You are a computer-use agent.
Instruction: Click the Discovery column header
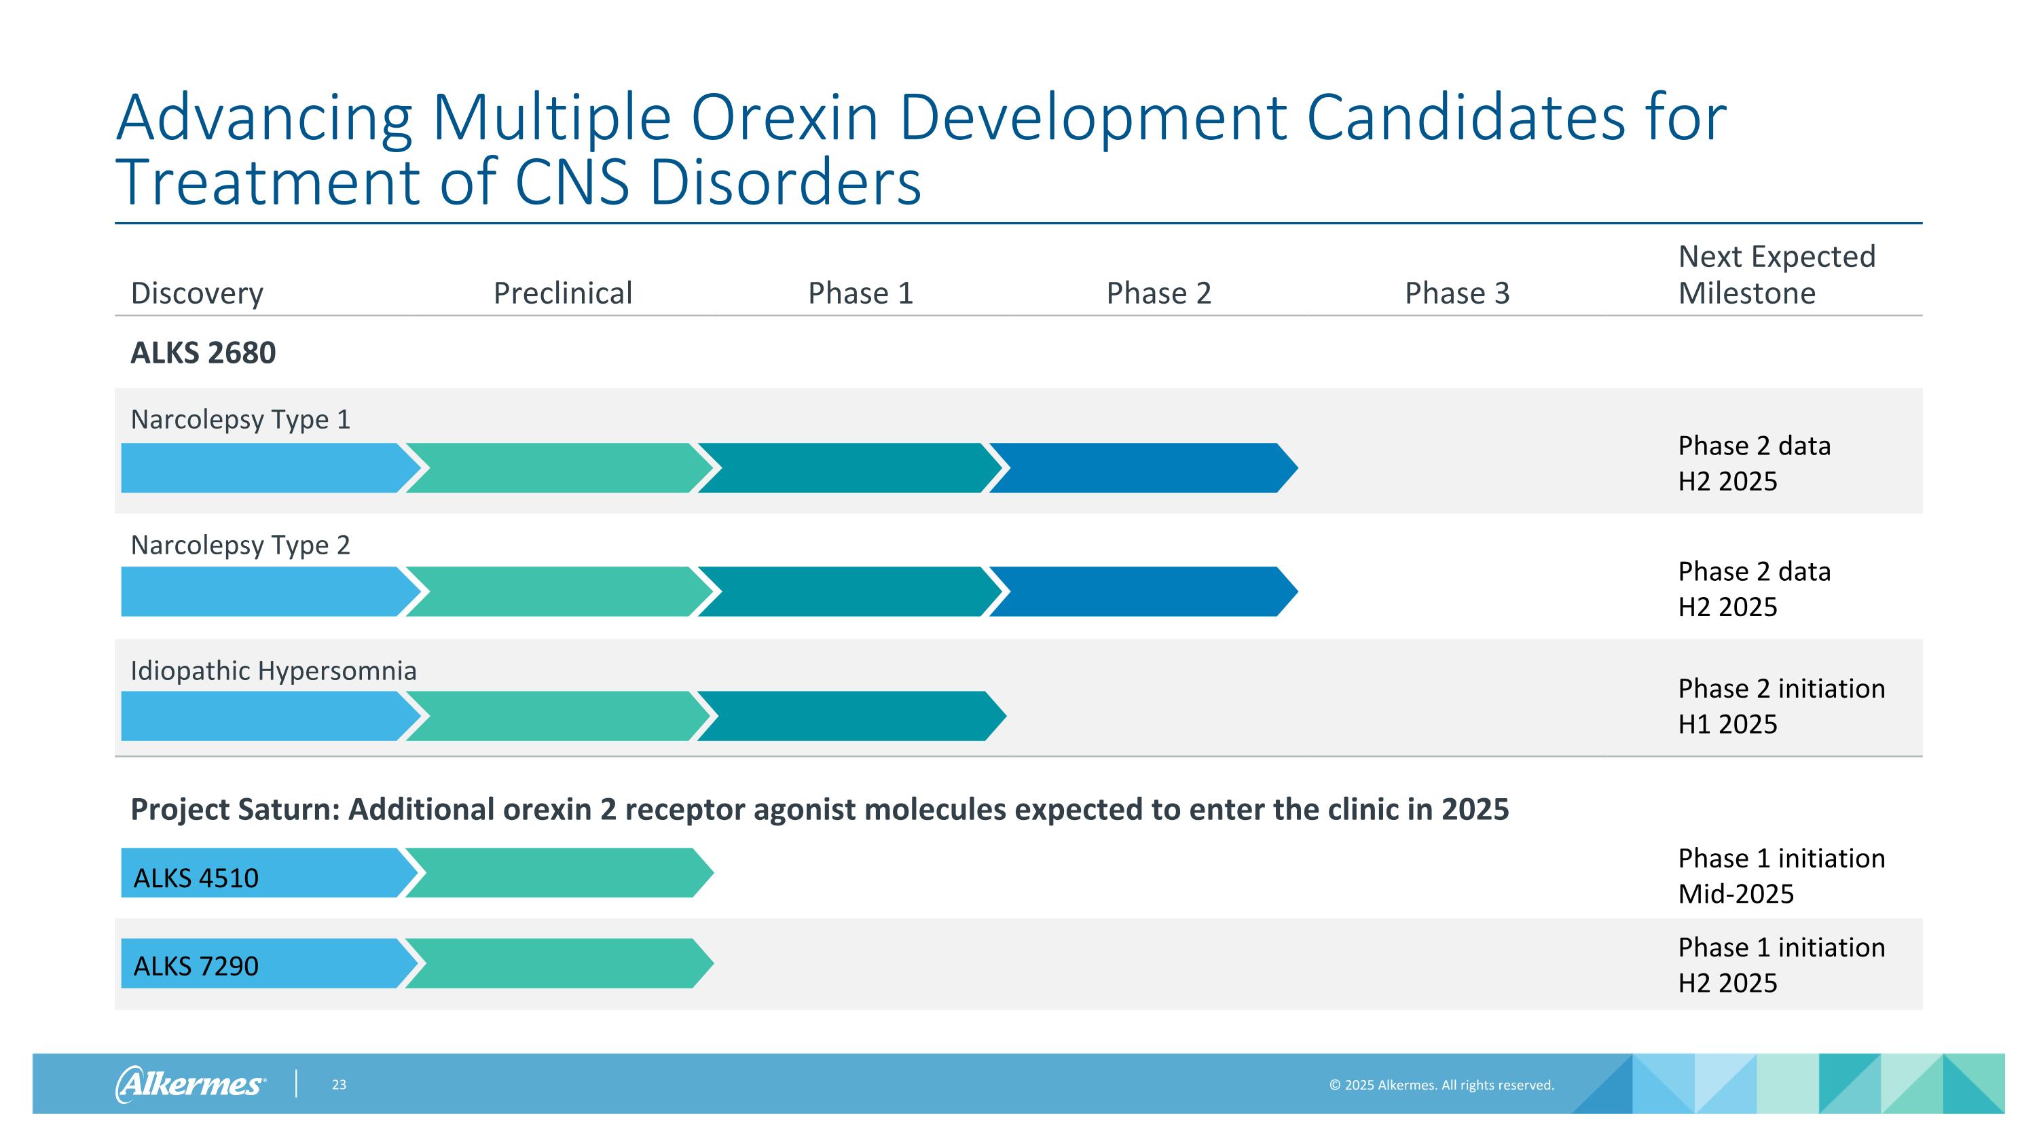pyautogui.click(x=197, y=293)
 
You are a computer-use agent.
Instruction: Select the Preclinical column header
pyautogui.click(x=563, y=293)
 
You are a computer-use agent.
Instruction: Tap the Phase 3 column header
pyautogui.click(x=1457, y=293)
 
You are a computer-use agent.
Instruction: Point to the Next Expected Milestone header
pyautogui.click(x=1777, y=274)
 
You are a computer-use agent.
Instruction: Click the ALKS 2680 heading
pyautogui.click(x=203, y=353)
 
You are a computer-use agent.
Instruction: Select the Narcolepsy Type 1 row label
pyautogui.click(x=240, y=419)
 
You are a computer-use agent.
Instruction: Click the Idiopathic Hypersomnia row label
pyautogui.click(x=274, y=670)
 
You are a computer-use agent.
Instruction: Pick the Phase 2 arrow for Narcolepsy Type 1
pyautogui.click(x=1143, y=468)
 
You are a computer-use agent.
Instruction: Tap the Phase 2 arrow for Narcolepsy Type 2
pyautogui.click(x=1143, y=592)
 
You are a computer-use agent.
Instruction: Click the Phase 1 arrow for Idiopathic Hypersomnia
pyautogui.click(x=851, y=716)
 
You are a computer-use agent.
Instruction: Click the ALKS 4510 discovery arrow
pyautogui.click(x=269, y=873)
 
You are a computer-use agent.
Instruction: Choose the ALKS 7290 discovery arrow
pyautogui.click(x=269, y=963)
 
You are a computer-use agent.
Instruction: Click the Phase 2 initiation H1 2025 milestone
pyautogui.click(x=1782, y=706)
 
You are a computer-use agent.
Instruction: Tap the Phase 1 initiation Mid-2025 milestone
pyautogui.click(x=1782, y=876)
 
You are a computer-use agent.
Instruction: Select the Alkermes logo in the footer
pyautogui.click(x=191, y=1084)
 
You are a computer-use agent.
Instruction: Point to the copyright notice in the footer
pyautogui.click(x=1442, y=1085)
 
